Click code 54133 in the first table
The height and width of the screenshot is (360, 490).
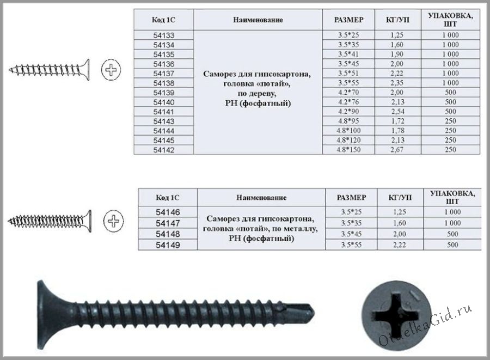pos(163,35)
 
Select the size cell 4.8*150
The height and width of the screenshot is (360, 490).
pos(348,150)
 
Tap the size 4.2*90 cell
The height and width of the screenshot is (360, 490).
pos(348,112)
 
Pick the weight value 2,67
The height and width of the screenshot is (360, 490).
pos(397,150)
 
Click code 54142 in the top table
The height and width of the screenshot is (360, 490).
pos(163,150)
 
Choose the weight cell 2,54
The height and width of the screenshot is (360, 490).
pos(397,112)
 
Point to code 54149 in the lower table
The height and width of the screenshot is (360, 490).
pos(168,245)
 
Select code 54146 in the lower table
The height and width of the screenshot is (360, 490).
pos(168,212)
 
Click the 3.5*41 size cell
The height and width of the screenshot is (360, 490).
pos(348,54)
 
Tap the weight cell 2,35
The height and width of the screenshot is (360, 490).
pos(397,83)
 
